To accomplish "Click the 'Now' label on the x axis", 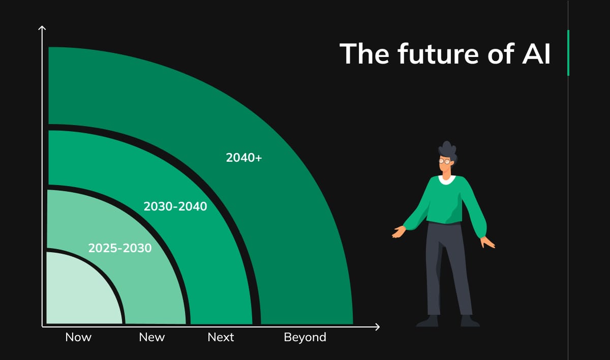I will [x=78, y=337].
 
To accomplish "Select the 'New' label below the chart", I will [x=152, y=337].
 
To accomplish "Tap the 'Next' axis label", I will [x=221, y=337].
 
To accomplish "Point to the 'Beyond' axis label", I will [x=305, y=337].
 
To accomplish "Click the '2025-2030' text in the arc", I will [x=120, y=248].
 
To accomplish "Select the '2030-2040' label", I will [x=175, y=206].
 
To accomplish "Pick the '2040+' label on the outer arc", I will [x=244, y=158].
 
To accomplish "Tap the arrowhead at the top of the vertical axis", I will [x=43, y=28].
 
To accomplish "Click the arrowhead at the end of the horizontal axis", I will [x=377, y=326].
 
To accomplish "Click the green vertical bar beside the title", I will [x=568, y=52].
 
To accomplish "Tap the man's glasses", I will [x=444, y=161].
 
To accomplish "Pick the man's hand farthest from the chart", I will [x=488, y=243].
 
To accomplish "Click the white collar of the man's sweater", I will [x=447, y=179].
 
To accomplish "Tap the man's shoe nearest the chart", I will [x=428, y=321].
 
